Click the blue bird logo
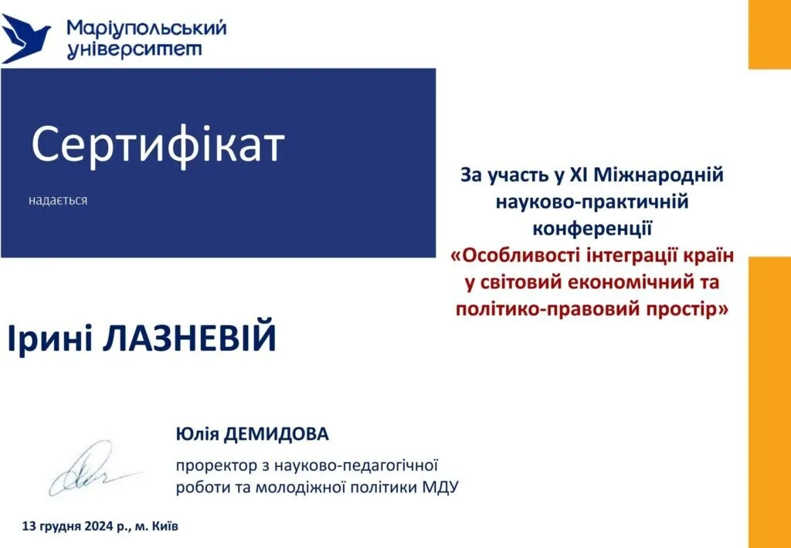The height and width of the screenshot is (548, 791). tap(25, 39)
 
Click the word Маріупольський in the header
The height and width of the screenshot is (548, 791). tap(147, 29)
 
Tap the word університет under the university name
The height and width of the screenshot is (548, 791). tap(134, 50)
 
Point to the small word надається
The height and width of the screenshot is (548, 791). tap(58, 201)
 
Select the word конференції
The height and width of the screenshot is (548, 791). tap(592, 228)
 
